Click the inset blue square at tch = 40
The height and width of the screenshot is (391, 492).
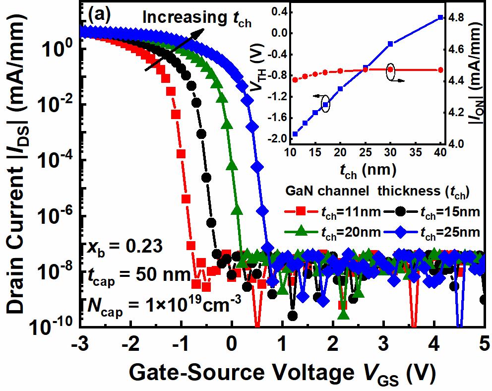[x=440, y=18]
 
